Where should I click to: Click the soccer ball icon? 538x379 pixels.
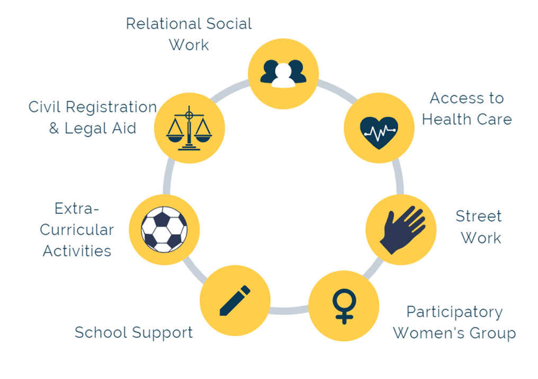[164, 229]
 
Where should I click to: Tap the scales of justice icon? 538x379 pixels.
[189, 129]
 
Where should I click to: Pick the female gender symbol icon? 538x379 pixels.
[344, 306]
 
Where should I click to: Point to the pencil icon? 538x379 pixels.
[235, 300]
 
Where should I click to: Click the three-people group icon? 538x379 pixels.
[283, 74]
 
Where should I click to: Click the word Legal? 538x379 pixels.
[87, 128]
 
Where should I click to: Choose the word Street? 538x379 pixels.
[478, 216]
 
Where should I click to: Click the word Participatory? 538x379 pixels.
[454, 312]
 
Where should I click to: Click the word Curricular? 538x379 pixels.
[77, 230]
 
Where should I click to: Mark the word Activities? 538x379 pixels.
[77, 250]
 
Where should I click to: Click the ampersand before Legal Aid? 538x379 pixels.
[54, 129]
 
